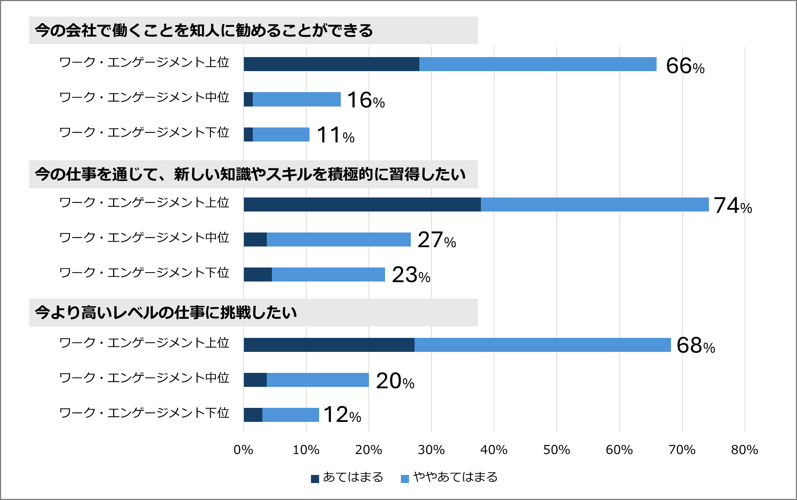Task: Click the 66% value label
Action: (685, 66)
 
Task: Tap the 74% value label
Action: (733, 206)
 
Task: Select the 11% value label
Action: (335, 135)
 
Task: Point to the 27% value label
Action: (437, 240)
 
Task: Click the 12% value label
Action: (342, 415)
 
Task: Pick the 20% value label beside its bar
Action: (395, 381)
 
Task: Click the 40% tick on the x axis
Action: (494, 450)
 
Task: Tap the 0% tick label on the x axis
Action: (243, 450)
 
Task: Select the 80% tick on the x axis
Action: (744, 450)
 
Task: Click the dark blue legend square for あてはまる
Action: (315, 479)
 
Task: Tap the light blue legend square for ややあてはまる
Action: (405, 479)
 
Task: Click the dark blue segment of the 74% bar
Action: (362, 204)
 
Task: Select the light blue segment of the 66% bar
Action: (538, 64)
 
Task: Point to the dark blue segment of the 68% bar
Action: (329, 345)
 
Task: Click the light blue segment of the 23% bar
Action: (328, 275)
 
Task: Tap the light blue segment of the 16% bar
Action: (297, 99)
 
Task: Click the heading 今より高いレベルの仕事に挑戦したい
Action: (166, 313)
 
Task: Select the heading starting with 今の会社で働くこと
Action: (204, 31)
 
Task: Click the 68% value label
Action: (696, 346)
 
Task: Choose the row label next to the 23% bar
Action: (144, 273)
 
